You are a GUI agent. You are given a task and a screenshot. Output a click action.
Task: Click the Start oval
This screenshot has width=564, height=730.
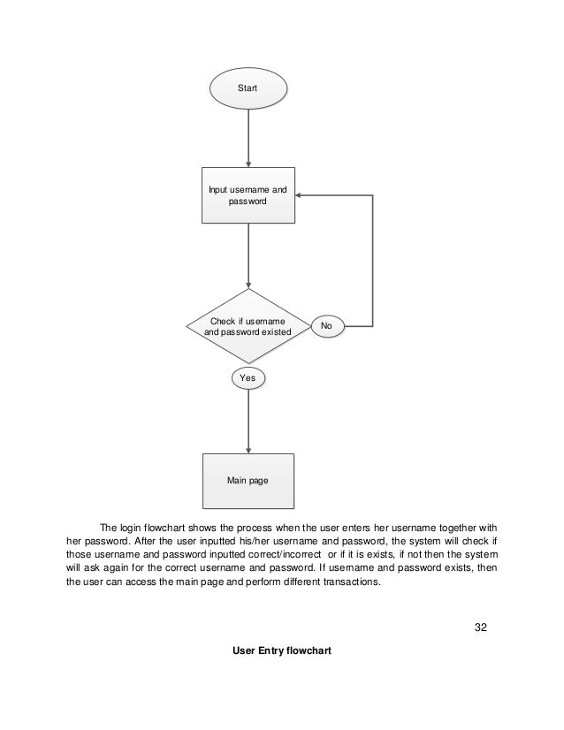click(x=248, y=88)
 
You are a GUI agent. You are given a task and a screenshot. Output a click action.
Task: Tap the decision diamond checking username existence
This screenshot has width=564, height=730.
click(x=248, y=326)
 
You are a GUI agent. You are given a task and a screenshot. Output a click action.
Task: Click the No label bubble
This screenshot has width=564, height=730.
click(x=326, y=326)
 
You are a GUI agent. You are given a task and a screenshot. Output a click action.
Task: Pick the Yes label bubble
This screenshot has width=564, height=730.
click(x=248, y=377)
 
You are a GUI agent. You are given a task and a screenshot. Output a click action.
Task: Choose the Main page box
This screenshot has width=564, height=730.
click(x=248, y=481)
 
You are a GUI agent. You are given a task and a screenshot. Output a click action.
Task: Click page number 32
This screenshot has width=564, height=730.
click(x=481, y=627)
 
